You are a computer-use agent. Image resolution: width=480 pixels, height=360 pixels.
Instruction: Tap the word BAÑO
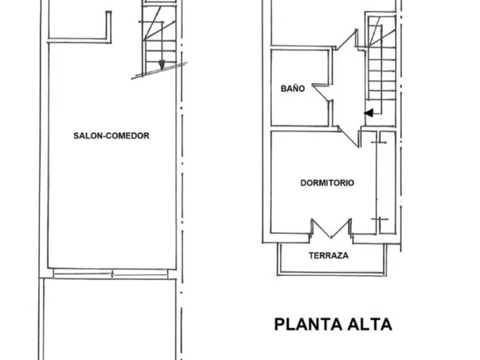coord(291,89)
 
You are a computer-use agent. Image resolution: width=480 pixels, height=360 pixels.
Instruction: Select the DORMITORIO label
coord(327,182)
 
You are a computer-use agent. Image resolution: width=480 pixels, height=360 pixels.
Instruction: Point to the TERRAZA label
coord(329,256)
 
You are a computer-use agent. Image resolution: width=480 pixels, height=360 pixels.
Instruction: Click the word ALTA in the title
coord(370,325)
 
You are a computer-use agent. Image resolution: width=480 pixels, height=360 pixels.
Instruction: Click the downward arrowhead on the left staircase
coord(162,65)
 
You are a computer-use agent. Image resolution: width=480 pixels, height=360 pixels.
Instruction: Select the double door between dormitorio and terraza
coord(331,228)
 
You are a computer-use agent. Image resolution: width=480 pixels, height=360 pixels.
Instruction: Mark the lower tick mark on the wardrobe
coord(381,219)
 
